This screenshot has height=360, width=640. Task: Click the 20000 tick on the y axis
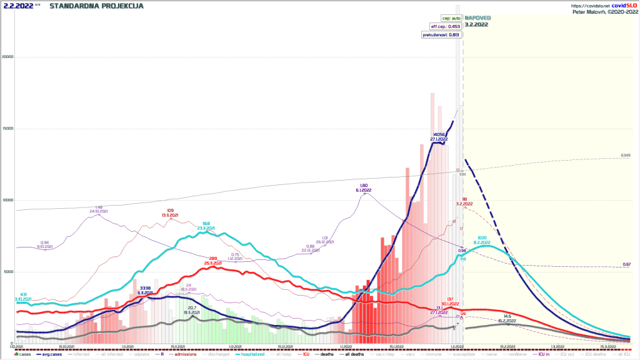pyautogui.click(x=7, y=57)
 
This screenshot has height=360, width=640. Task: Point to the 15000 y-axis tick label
pyautogui.click(x=7, y=129)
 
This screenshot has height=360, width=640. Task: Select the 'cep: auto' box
pyautogui.click(x=449, y=19)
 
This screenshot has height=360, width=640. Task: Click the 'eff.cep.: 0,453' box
pyautogui.click(x=445, y=27)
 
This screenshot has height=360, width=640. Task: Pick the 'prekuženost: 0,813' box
pyautogui.click(x=442, y=35)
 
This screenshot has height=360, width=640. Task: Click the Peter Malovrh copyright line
pyautogui.click(x=604, y=11)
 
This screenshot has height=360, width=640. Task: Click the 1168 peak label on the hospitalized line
pyautogui.click(x=206, y=223)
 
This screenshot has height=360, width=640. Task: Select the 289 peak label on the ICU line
pyautogui.click(x=212, y=257)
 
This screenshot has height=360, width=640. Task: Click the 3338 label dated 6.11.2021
pyautogui.click(x=145, y=288)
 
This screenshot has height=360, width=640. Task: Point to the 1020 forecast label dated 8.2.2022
pyautogui.click(x=482, y=237)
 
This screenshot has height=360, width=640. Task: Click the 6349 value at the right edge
pyautogui.click(x=625, y=154)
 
